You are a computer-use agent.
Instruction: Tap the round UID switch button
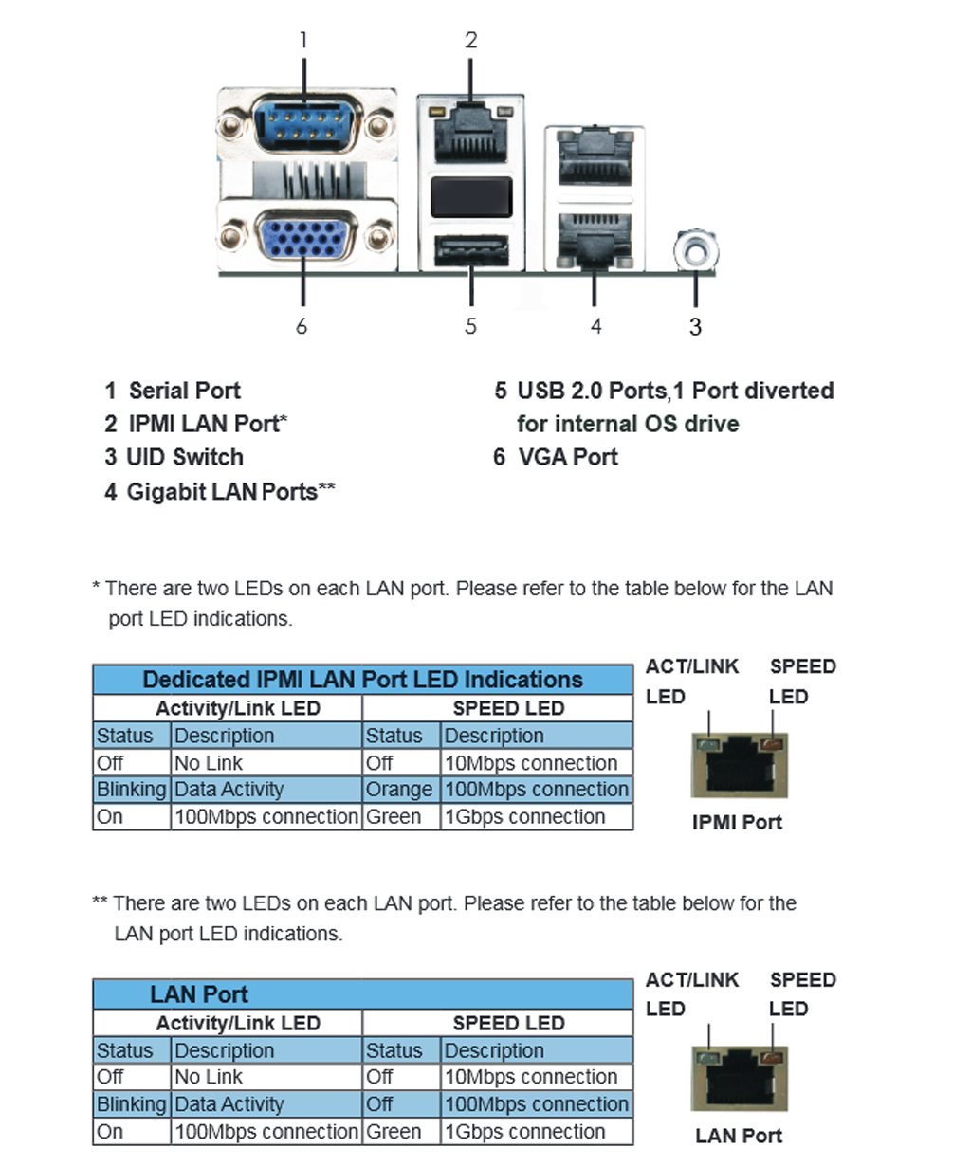tap(695, 250)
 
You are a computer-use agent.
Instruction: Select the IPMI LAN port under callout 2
tap(470, 130)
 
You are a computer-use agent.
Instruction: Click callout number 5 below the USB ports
tap(470, 326)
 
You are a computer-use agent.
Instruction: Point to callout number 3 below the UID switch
tap(695, 327)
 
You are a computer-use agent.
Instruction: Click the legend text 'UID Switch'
tap(185, 457)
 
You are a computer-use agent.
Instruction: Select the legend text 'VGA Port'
tap(567, 457)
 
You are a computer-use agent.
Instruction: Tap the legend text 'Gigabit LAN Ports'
tap(222, 491)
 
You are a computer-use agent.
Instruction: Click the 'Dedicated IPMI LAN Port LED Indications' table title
tap(362, 680)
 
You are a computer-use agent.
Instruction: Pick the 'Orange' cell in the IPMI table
tap(399, 790)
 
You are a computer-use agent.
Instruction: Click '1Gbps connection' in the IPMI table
tap(524, 816)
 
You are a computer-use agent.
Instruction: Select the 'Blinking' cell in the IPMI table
tap(131, 790)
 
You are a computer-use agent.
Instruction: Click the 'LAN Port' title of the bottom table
tap(199, 994)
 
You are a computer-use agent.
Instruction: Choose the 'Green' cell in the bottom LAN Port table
tap(394, 1131)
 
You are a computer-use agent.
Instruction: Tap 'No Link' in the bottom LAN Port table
tap(209, 1077)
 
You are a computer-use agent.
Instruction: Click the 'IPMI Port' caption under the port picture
tap(737, 822)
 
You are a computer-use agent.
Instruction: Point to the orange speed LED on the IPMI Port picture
tap(775, 745)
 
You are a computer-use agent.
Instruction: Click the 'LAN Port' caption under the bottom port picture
tap(739, 1136)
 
